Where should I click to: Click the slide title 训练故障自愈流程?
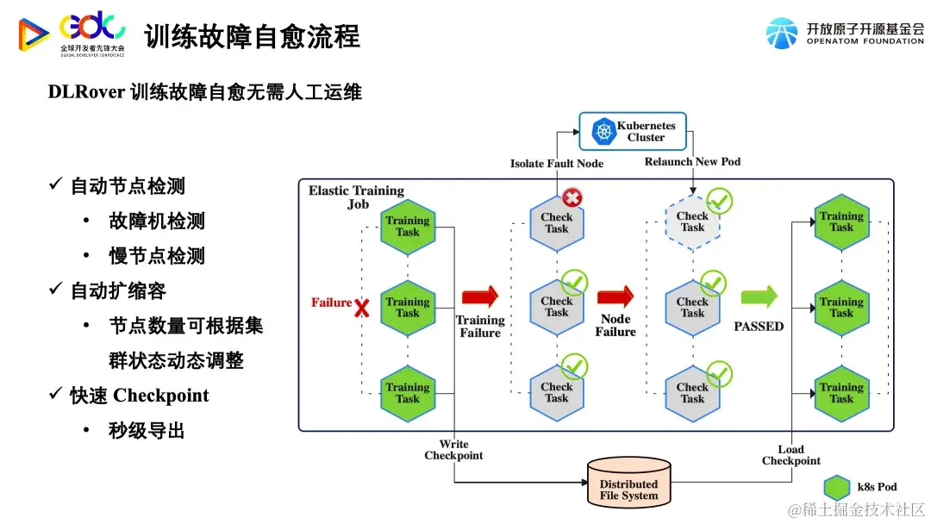point(252,36)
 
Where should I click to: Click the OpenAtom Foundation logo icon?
point(781,33)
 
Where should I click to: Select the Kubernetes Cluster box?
point(632,132)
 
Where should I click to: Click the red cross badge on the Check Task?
point(572,198)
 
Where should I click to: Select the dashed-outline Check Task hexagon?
point(692,222)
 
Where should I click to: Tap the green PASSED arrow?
point(759,297)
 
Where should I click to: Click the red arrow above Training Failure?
point(479,297)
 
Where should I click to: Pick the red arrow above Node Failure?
point(615,297)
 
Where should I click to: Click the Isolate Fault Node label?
point(557,164)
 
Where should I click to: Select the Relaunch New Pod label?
point(692,162)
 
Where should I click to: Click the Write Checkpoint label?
point(453,450)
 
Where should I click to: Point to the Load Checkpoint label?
point(790,455)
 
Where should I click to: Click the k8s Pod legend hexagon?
point(837,488)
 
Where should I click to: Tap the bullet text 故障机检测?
point(157,221)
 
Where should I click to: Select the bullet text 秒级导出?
point(147,431)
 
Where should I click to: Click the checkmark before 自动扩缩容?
point(55,290)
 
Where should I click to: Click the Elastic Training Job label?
point(356,197)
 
